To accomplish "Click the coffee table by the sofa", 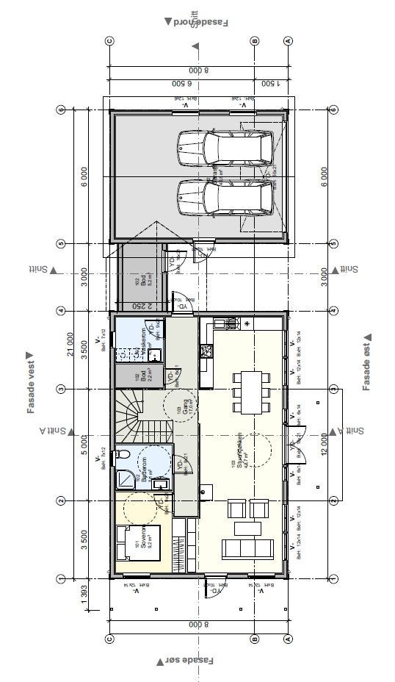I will (x=247, y=528).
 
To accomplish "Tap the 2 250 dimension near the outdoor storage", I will (x=147, y=306).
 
